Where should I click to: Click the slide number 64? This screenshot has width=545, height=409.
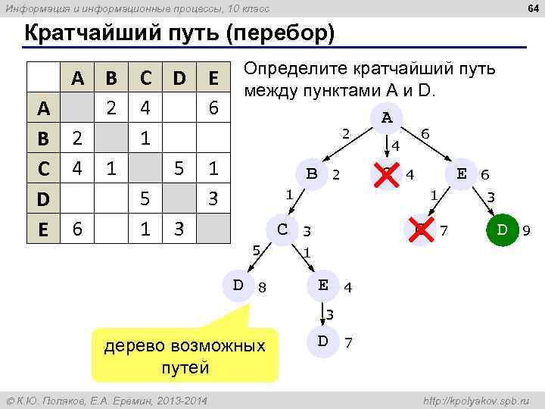(x=532, y=8)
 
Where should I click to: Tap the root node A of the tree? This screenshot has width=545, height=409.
(x=388, y=118)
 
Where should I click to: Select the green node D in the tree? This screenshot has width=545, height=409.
(x=501, y=229)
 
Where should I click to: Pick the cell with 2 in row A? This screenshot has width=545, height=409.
(x=111, y=108)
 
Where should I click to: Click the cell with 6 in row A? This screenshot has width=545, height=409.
(x=213, y=108)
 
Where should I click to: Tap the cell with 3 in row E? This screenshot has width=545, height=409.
(x=179, y=228)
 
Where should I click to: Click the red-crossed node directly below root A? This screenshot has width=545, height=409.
(x=388, y=173)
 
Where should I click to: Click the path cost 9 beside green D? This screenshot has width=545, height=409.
(x=526, y=229)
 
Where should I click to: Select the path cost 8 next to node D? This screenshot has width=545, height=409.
(x=262, y=286)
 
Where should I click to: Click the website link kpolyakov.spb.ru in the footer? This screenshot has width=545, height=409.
(x=477, y=400)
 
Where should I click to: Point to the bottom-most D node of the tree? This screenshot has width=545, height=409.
(x=322, y=341)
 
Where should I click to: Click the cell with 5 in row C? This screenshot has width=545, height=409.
(x=179, y=167)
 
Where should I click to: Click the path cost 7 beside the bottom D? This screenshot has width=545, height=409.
(x=347, y=342)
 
